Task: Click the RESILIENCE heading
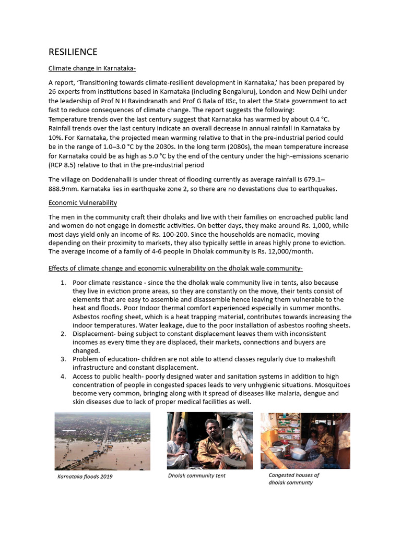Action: pos(73,52)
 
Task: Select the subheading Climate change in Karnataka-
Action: pos(92,68)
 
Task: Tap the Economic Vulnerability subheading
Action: pos(82,202)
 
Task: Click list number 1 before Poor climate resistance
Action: pos(63,283)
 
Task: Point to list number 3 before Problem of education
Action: pos(63,359)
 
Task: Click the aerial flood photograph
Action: pos(102,441)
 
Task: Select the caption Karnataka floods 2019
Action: pos(85,477)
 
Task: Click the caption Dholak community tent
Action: pos(197,476)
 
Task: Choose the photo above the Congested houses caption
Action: pos(305,441)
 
